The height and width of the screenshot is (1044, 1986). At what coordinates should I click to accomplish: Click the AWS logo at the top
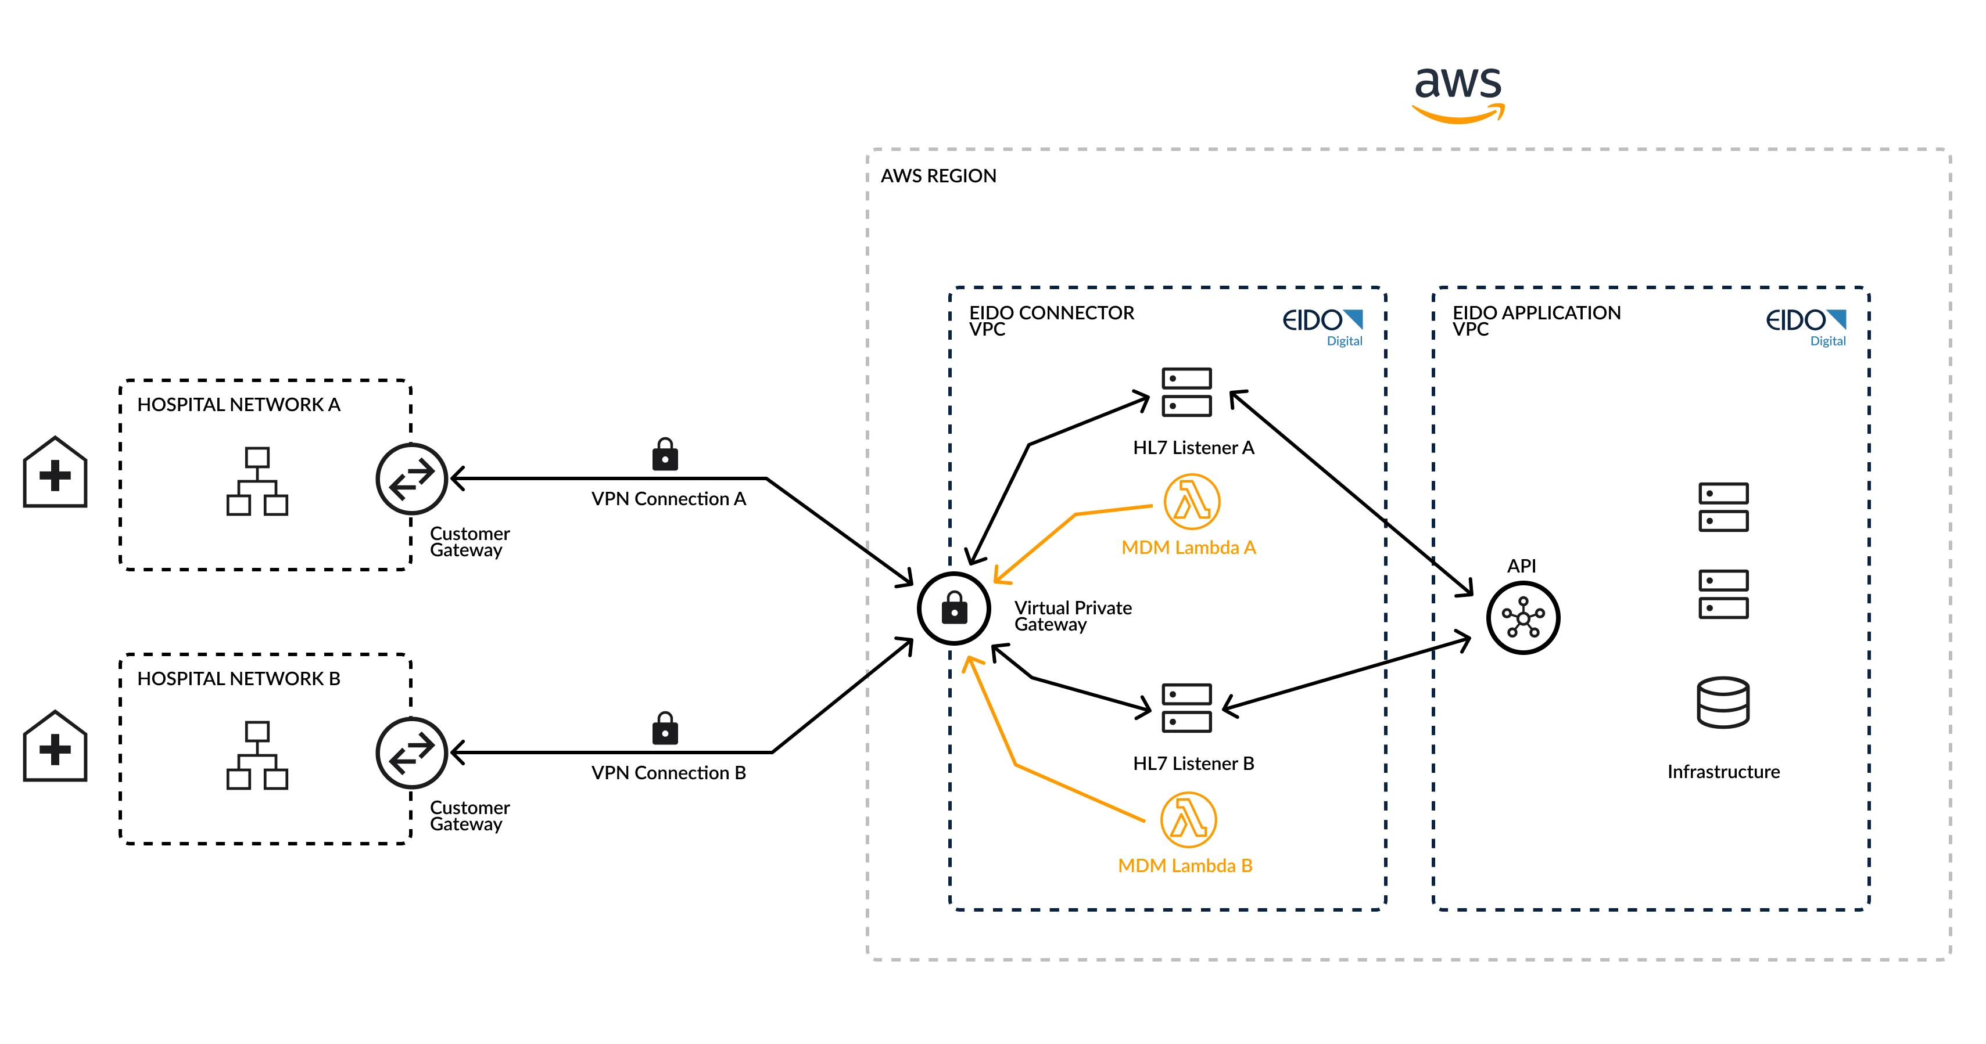[x=1458, y=92]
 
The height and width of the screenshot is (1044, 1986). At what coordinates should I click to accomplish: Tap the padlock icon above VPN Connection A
[x=665, y=455]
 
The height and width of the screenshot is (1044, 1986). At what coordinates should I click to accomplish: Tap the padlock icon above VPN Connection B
[x=665, y=728]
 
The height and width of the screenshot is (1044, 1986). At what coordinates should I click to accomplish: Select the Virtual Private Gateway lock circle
[x=953, y=608]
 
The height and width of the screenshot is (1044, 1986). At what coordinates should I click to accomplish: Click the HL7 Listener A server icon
[x=1186, y=392]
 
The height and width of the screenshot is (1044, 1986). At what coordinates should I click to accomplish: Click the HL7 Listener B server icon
[x=1186, y=707]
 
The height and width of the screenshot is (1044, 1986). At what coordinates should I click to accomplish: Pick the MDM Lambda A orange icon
[x=1192, y=502]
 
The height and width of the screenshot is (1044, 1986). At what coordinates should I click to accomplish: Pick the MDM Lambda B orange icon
[x=1188, y=820]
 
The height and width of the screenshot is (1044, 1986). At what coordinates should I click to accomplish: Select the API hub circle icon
[x=1523, y=618]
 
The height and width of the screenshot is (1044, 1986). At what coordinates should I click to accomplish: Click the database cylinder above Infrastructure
[x=1723, y=702]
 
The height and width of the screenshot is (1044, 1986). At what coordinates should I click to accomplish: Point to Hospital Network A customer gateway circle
[x=412, y=478]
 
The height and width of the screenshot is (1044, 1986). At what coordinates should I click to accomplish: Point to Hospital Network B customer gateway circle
[x=412, y=753]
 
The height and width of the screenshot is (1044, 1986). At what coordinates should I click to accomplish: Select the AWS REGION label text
[x=938, y=176]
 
